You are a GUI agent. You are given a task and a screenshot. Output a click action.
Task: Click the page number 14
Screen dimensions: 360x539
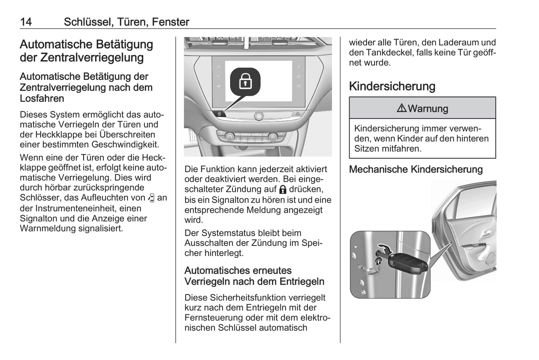26,22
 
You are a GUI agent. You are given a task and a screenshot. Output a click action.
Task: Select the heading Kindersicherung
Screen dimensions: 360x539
392,86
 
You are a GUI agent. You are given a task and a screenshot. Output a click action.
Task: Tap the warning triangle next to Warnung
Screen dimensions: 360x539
402,108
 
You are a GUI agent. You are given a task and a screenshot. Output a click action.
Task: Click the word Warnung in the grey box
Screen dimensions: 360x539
428,109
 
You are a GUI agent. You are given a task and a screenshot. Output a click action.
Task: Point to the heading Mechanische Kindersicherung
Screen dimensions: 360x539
416,169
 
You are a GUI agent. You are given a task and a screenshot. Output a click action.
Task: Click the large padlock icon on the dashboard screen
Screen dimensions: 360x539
245,81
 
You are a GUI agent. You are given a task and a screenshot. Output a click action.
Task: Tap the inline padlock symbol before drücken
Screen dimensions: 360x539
283,190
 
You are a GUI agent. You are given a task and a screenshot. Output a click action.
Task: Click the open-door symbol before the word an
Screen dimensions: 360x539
151,198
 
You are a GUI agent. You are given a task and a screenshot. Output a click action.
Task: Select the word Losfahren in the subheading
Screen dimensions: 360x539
42,98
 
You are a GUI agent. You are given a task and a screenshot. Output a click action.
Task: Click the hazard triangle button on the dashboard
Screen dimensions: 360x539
298,113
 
